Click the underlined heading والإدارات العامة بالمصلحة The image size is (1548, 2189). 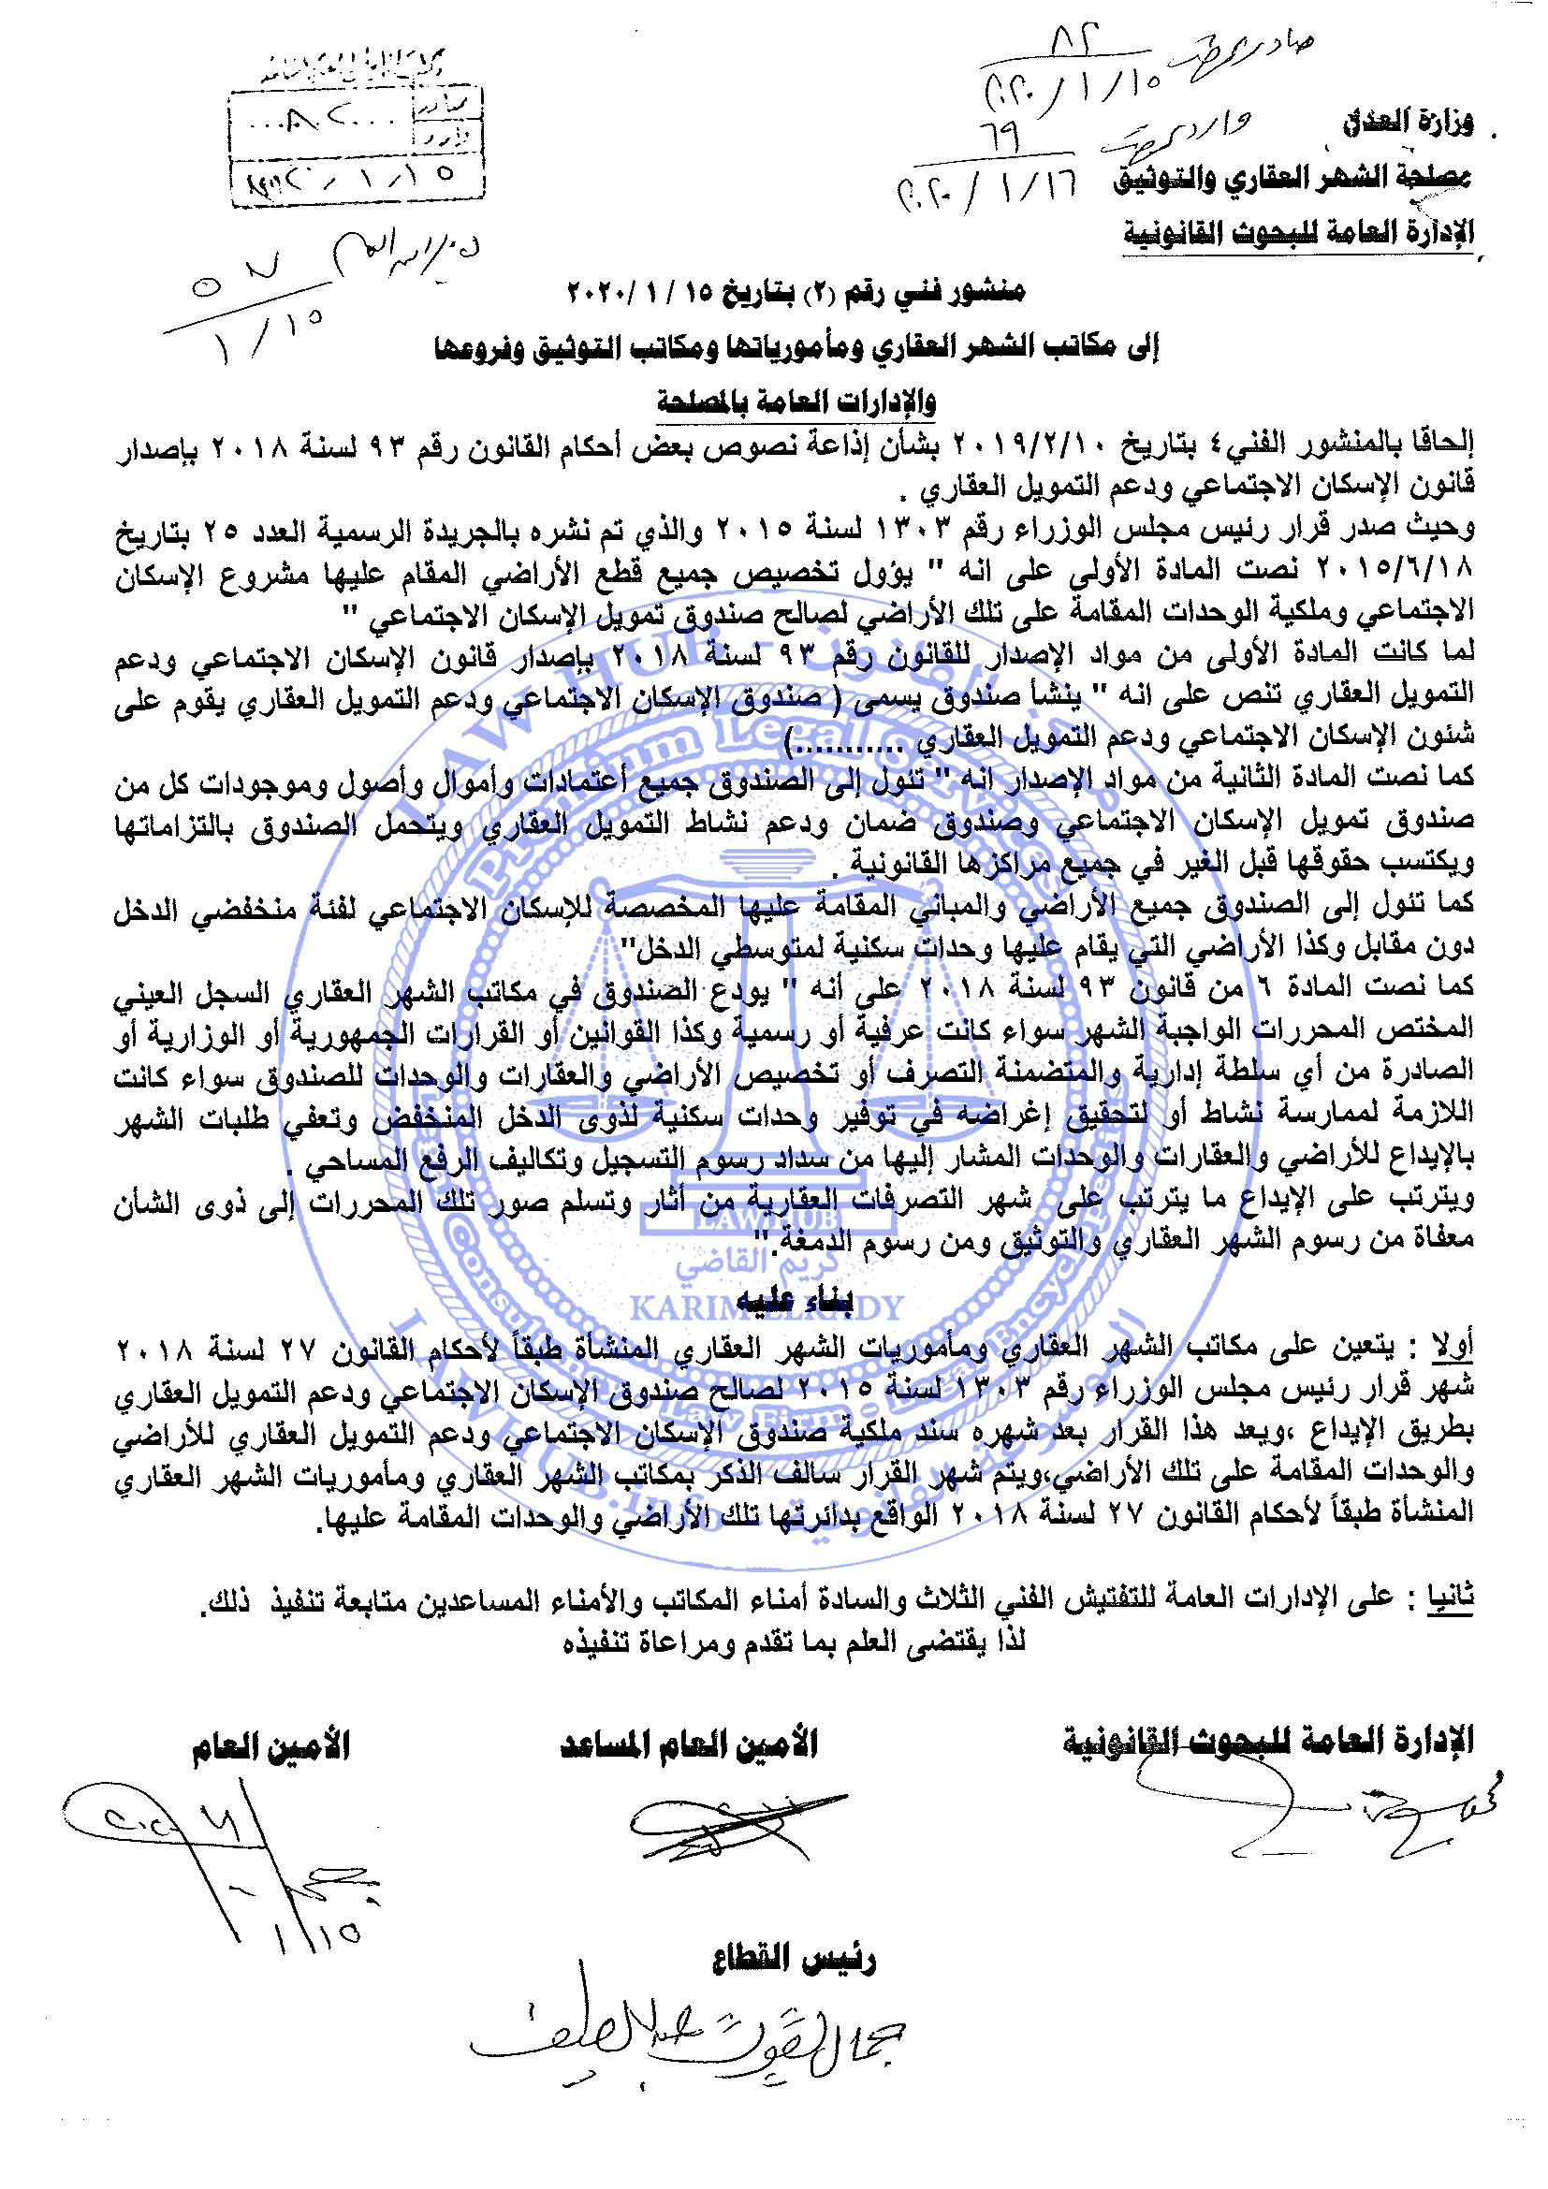(796, 401)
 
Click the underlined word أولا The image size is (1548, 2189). (1454, 1347)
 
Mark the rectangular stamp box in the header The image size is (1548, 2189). (356, 144)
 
